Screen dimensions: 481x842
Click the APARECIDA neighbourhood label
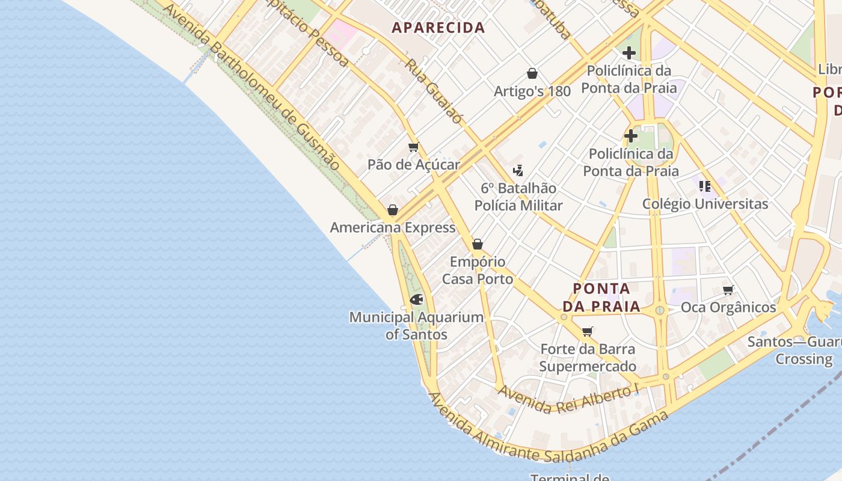tap(438, 28)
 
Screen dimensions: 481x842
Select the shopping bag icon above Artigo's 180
tap(532, 73)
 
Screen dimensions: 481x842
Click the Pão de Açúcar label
tap(413, 165)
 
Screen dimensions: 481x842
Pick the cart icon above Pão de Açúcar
tap(413, 147)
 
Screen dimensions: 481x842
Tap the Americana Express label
tap(392, 228)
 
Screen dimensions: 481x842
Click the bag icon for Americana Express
tap(393, 210)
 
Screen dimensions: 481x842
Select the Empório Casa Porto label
tap(478, 271)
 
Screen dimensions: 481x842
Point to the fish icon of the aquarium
tap(416, 299)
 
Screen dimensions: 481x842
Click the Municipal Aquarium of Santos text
tap(416, 325)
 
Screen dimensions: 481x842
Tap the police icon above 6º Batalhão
tap(518, 171)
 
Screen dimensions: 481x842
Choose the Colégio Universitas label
tap(705, 204)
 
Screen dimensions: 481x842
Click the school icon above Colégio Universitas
tap(705, 186)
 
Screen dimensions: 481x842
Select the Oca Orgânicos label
tap(728, 308)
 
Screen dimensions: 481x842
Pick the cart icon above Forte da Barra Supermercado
tap(588, 331)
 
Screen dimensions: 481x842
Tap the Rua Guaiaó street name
tap(434, 91)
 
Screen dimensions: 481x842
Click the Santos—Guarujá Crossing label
tap(794, 351)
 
